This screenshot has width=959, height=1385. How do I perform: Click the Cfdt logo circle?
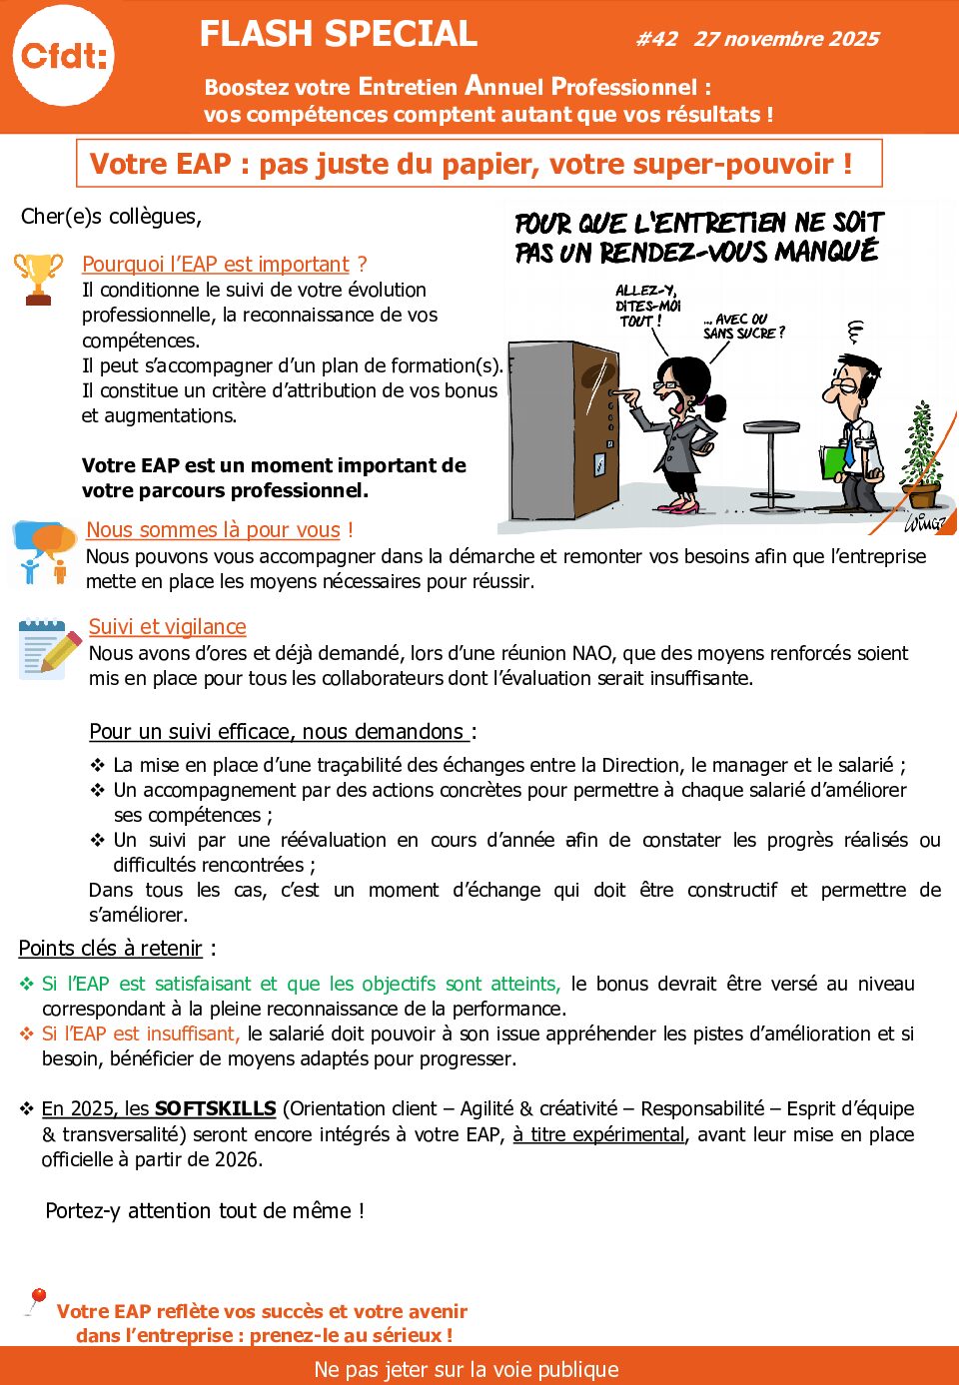point(64,56)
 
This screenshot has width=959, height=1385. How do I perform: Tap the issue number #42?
point(657,39)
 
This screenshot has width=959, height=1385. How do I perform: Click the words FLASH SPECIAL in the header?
point(338,34)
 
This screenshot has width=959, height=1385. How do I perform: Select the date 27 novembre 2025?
point(786,39)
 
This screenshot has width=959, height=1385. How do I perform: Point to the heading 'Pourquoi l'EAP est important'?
point(216,265)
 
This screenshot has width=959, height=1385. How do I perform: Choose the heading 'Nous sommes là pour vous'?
point(213,530)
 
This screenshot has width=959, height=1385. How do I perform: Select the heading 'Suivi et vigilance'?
point(167,627)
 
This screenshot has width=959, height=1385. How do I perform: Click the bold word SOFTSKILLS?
point(215,1109)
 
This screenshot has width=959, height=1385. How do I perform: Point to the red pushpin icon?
point(37,1300)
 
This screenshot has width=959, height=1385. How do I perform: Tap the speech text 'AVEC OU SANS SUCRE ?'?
point(743,327)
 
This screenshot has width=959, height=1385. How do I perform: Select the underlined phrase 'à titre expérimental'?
point(598,1134)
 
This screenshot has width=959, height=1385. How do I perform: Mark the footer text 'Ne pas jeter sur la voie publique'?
point(467,1369)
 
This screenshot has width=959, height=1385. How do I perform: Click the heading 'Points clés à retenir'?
point(110,949)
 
